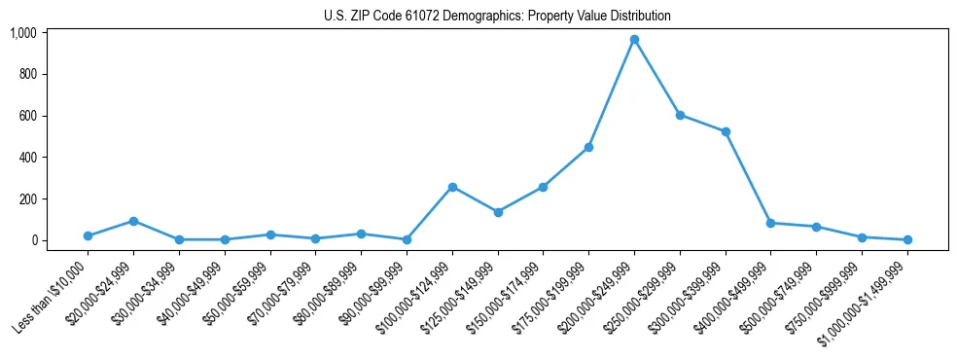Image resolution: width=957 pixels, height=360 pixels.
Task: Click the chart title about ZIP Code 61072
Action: click(497, 17)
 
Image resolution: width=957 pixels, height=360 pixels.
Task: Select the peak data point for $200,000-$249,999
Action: click(634, 40)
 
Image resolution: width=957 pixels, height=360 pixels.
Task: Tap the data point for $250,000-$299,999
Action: click(680, 115)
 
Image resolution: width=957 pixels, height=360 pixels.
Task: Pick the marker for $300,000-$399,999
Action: click(726, 131)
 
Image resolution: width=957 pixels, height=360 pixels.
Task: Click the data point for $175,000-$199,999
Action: click(588, 147)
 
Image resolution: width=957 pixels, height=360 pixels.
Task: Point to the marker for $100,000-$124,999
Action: click(452, 187)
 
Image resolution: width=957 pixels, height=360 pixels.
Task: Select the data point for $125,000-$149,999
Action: click(498, 212)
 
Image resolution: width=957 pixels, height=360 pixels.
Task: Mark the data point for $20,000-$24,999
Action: click(133, 221)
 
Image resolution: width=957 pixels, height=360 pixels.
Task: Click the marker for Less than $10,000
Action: click(88, 235)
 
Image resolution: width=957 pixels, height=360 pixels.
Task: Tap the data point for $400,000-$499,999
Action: click(770, 223)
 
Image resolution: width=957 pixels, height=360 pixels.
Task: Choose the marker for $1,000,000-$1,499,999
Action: click(907, 239)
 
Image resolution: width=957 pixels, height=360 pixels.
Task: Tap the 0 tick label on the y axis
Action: click(34, 240)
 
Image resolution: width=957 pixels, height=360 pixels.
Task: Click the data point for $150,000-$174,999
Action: click(543, 187)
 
